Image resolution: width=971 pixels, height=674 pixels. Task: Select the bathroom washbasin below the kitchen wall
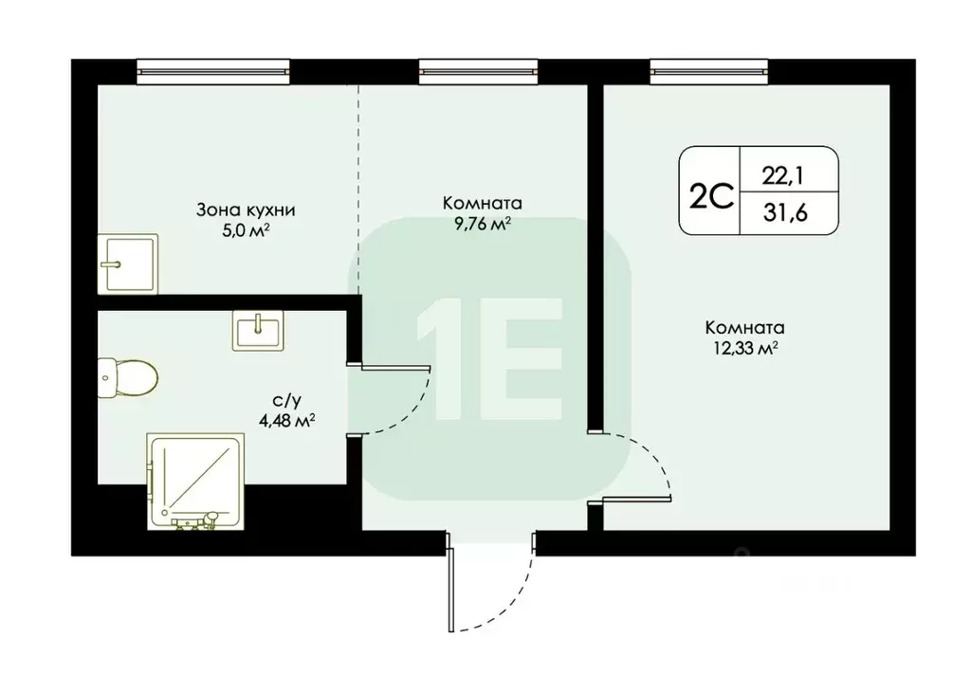pyautogui.click(x=256, y=331)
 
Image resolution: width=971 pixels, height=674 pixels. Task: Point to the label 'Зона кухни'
pyautogui.click(x=239, y=209)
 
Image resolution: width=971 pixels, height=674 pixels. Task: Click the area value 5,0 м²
pyautogui.click(x=239, y=229)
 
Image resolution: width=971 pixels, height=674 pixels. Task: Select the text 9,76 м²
pyautogui.click(x=482, y=224)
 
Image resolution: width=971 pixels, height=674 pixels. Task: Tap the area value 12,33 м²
pyautogui.click(x=744, y=349)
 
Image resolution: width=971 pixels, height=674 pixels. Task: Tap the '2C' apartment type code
pyautogui.click(x=711, y=195)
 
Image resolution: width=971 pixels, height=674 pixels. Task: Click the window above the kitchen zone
pyautogui.click(x=211, y=67)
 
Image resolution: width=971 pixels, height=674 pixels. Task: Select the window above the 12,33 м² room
pyautogui.click(x=697, y=67)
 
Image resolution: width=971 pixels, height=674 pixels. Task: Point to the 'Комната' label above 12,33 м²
pyautogui.click(x=744, y=328)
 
